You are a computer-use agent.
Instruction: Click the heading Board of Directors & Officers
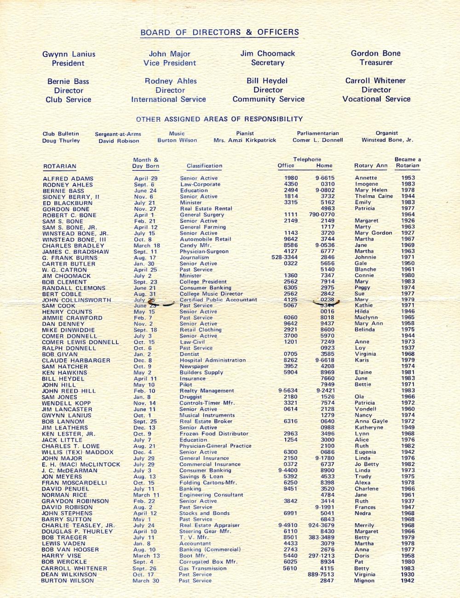pos(219,32)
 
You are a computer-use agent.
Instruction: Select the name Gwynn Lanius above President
pos(69,54)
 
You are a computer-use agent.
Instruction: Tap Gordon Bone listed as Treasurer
pos(375,53)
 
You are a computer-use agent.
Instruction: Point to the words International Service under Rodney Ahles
pos(168,99)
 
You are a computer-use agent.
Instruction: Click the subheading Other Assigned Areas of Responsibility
pos(219,119)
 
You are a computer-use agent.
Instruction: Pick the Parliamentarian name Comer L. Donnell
pos(317,140)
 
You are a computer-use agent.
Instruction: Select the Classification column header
pos(204,166)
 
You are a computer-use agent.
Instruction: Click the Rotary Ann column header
pos(371,165)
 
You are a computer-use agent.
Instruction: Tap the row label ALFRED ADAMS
pos(68,179)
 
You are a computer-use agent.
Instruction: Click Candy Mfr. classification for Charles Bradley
pos(195,245)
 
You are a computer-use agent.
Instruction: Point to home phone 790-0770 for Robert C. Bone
pos(322,214)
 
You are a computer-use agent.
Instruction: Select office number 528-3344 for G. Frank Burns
pos(284,257)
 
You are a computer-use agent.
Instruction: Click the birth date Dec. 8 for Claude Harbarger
pos(142,361)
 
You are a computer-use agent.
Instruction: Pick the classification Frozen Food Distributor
pos(214,434)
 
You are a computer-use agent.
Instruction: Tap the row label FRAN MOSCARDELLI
pos(74,483)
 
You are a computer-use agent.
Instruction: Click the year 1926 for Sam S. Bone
pos(408,221)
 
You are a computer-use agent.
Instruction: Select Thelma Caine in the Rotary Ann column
pos(374,196)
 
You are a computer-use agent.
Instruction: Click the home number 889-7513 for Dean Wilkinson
pos(321,574)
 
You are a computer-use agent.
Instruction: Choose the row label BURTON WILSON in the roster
pos(67,581)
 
